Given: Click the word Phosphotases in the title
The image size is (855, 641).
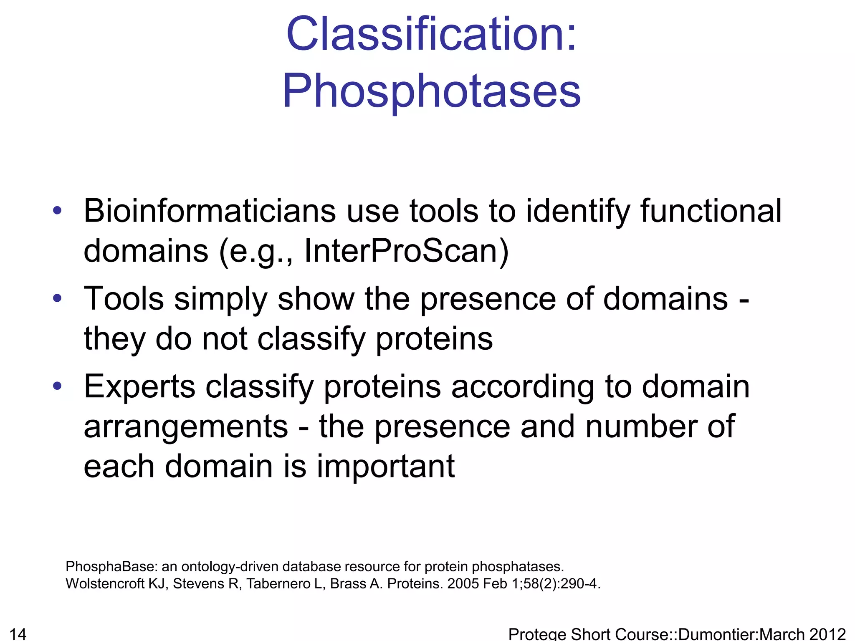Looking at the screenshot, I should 432,91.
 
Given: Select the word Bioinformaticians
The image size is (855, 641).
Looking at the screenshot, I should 210,211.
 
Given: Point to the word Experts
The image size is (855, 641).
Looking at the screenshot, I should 139,387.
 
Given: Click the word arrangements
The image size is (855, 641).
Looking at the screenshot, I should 186,426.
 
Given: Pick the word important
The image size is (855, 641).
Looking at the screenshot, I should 386,466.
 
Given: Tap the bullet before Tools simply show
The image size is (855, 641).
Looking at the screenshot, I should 57,298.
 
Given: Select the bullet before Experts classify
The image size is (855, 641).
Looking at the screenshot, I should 57,386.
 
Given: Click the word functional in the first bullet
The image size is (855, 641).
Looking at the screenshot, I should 711,211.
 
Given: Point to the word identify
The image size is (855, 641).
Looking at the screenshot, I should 578,211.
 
